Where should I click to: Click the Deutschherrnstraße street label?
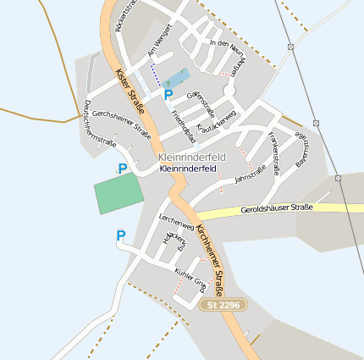point(99,124)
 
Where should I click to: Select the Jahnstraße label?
point(251,174)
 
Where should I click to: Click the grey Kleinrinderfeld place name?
point(187,158)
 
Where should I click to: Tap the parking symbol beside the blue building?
point(168,95)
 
